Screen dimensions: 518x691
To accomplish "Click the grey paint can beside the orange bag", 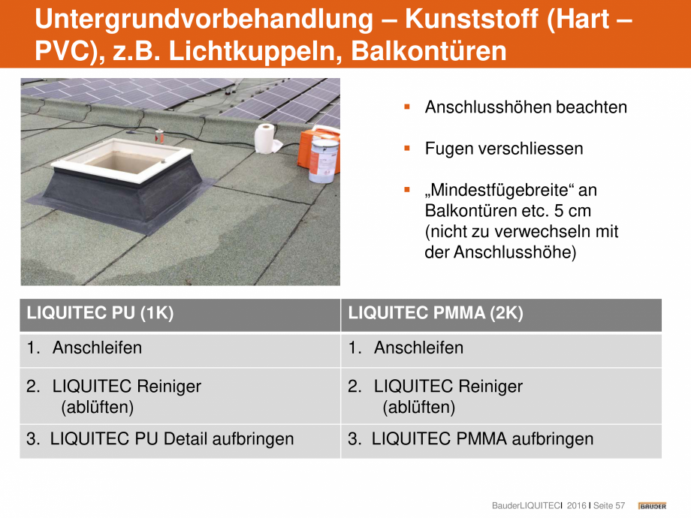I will click(x=324, y=161).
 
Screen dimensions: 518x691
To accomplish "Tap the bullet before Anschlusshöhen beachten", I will click(x=407, y=107).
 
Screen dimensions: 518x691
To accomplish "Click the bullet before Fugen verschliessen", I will click(x=407, y=149).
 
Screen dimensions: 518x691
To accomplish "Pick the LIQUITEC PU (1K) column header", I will click(x=100, y=314).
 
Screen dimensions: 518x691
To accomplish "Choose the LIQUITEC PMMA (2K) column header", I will click(x=436, y=314).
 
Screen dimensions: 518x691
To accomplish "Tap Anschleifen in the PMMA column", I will click(x=418, y=348).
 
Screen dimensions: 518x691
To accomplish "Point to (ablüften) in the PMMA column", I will click(x=418, y=408).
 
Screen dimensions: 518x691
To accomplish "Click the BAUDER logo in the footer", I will click(x=652, y=506).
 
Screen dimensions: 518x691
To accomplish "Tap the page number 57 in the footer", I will click(x=620, y=506).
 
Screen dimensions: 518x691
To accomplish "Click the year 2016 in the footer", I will click(x=576, y=506).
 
